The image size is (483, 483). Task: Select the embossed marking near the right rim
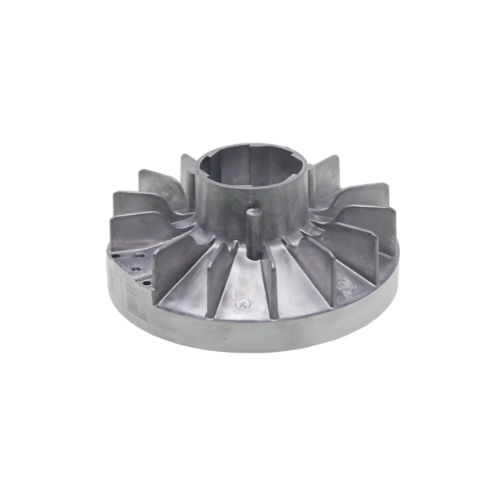click(x=344, y=284)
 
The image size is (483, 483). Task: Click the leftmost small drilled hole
click(x=118, y=258)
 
